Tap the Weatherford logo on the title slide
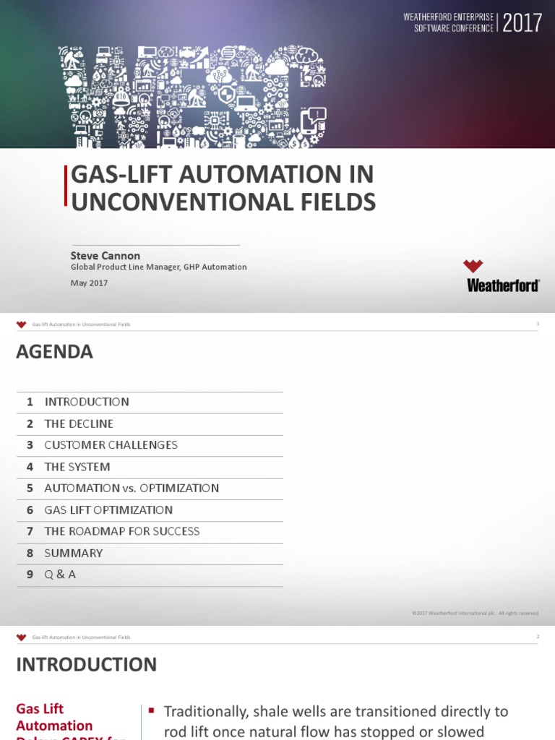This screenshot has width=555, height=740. pyautogui.click(x=503, y=276)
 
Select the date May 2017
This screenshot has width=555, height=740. pyautogui.click(x=89, y=283)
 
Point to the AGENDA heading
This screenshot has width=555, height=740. pyautogui.click(x=54, y=352)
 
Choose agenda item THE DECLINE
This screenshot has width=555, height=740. pyautogui.click(x=79, y=423)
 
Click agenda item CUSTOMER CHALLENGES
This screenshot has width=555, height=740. pyautogui.click(x=111, y=445)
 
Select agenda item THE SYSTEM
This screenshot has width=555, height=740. pyautogui.click(x=77, y=467)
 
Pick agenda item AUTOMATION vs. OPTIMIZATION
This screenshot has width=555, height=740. pyautogui.click(x=132, y=489)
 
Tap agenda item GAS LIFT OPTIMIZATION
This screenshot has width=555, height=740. pyautogui.click(x=108, y=510)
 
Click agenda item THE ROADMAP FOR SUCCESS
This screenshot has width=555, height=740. pyautogui.click(x=122, y=531)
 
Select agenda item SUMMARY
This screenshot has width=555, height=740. pyautogui.click(x=74, y=553)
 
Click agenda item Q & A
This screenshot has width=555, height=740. pyautogui.click(x=60, y=575)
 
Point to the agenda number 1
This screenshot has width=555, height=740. pyautogui.click(x=30, y=402)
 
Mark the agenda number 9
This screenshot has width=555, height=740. pyautogui.click(x=30, y=575)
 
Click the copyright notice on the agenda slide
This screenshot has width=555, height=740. pyautogui.click(x=476, y=614)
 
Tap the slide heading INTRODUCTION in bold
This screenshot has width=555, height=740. pyautogui.click(x=86, y=665)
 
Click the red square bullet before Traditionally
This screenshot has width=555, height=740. pyautogui.click(x=152, y=711)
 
